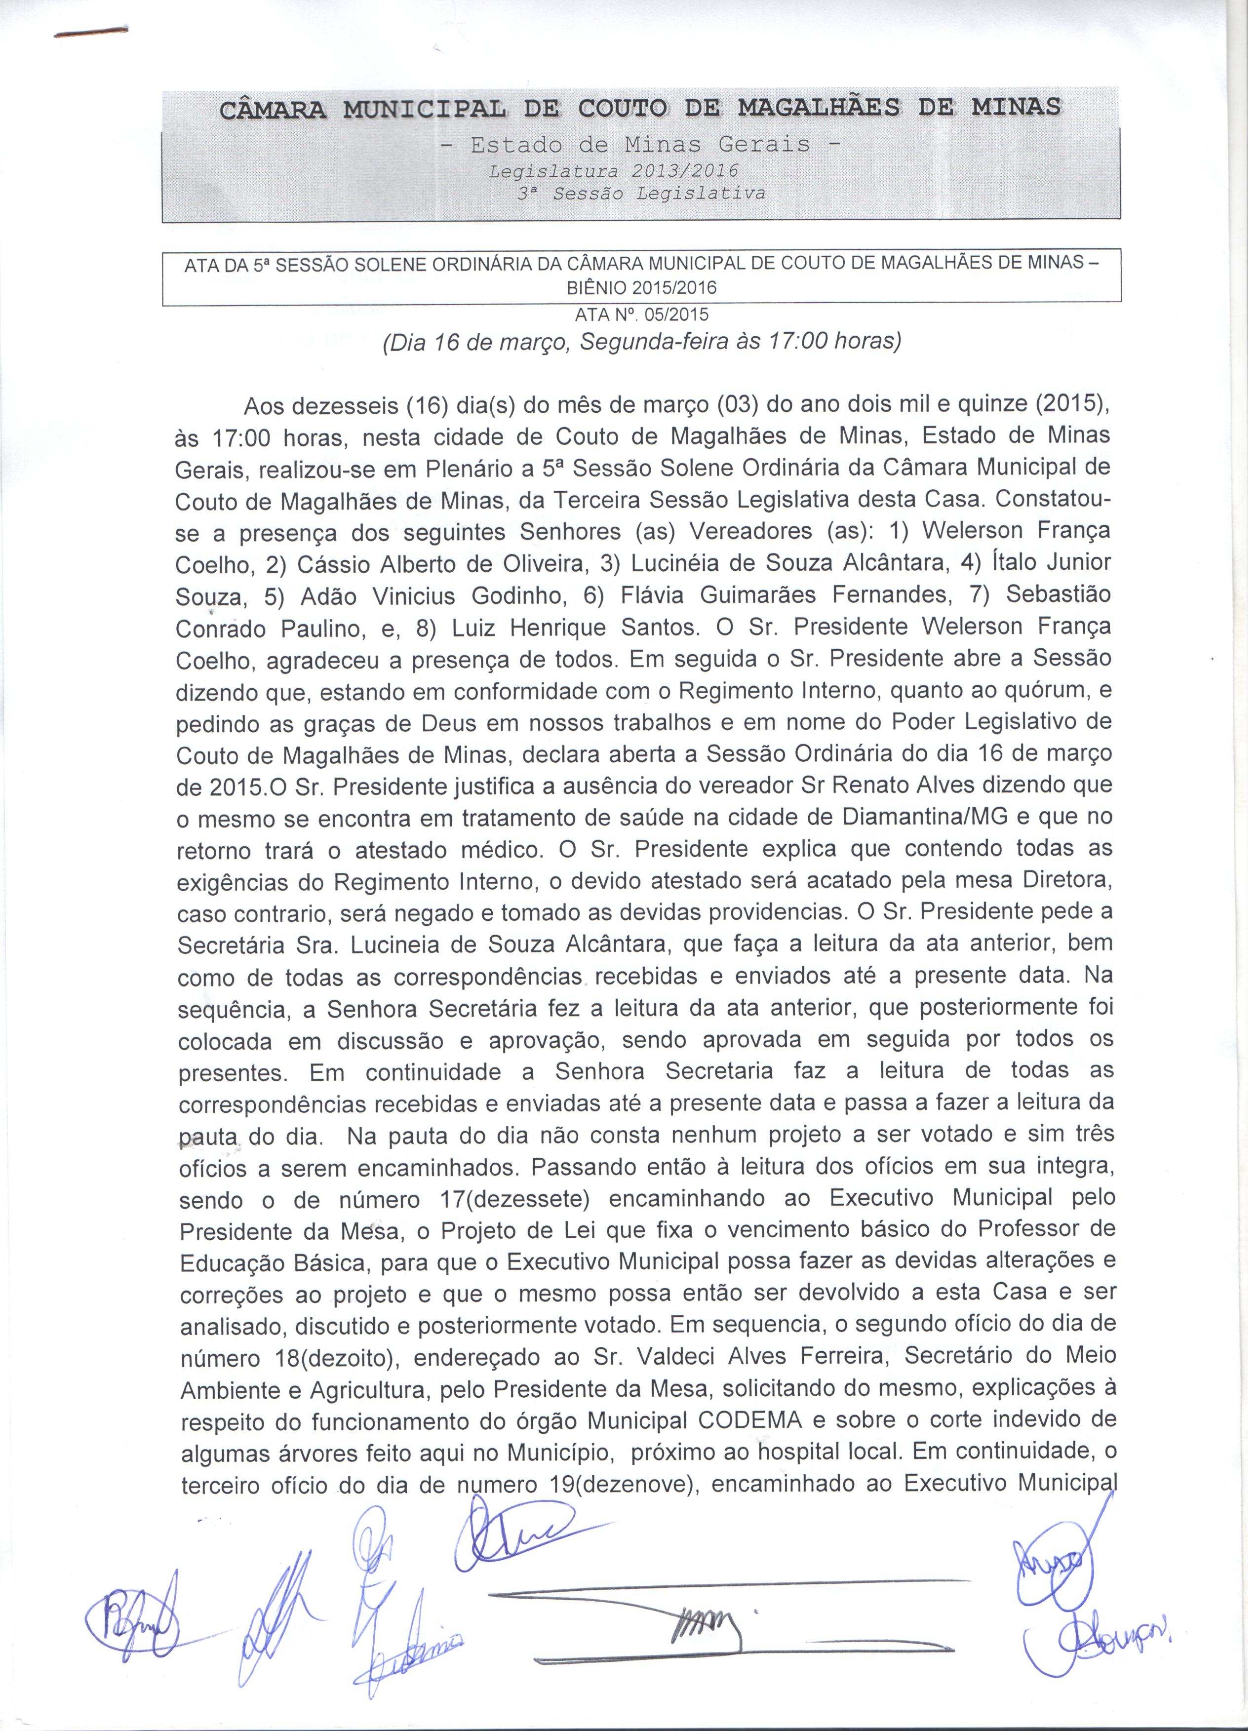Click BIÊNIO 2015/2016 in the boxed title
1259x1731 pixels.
click(641, 288)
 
